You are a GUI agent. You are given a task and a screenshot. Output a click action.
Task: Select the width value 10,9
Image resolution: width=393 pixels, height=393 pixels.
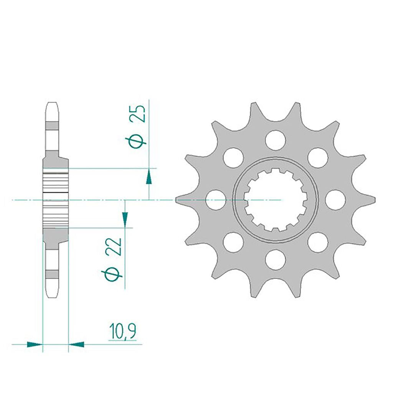point(122,332)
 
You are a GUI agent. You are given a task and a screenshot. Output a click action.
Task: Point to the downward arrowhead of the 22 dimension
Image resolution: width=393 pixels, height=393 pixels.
point(125,219)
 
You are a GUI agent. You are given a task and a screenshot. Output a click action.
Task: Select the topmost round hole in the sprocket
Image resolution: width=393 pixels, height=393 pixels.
point(276,140)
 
